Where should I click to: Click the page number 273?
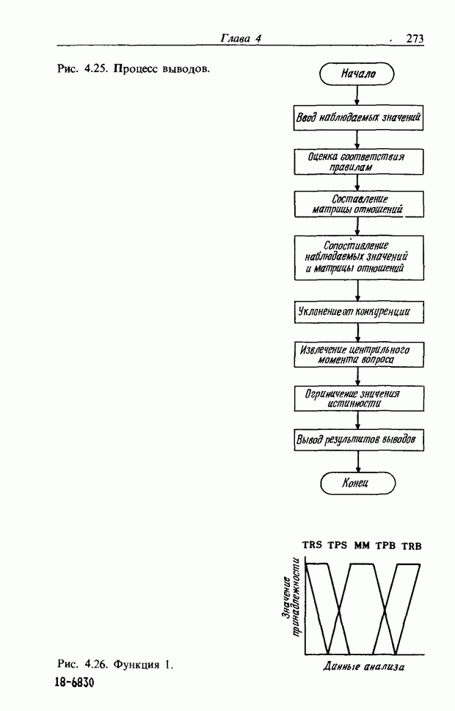coord(415,40)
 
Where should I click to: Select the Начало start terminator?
coord(357,73)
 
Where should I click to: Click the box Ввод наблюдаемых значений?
coord(357,117)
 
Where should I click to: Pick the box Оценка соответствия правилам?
coord(357,161)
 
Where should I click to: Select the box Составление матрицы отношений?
coord(357,204)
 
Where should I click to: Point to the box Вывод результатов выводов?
coord(357,440)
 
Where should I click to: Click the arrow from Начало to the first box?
coord(357,95)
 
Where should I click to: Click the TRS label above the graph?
coord(313,545)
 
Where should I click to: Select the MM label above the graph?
coord(362,545)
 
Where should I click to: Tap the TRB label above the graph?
coord(412,545)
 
